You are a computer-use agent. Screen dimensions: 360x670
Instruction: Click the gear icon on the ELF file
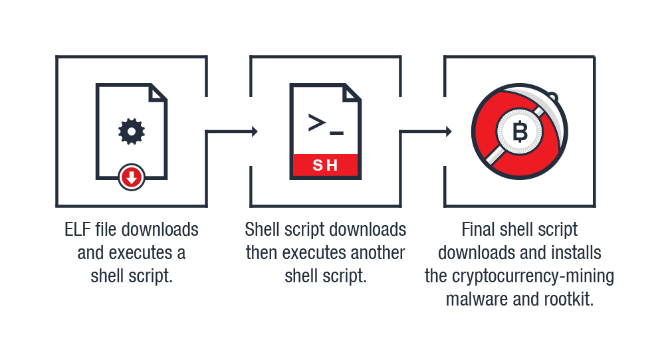(132, 132)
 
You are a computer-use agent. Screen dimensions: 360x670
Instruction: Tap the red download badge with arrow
(132, 177)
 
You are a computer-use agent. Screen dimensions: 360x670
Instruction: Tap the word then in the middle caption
(261, 253)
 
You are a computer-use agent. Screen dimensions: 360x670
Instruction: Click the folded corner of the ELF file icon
(158, 92)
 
